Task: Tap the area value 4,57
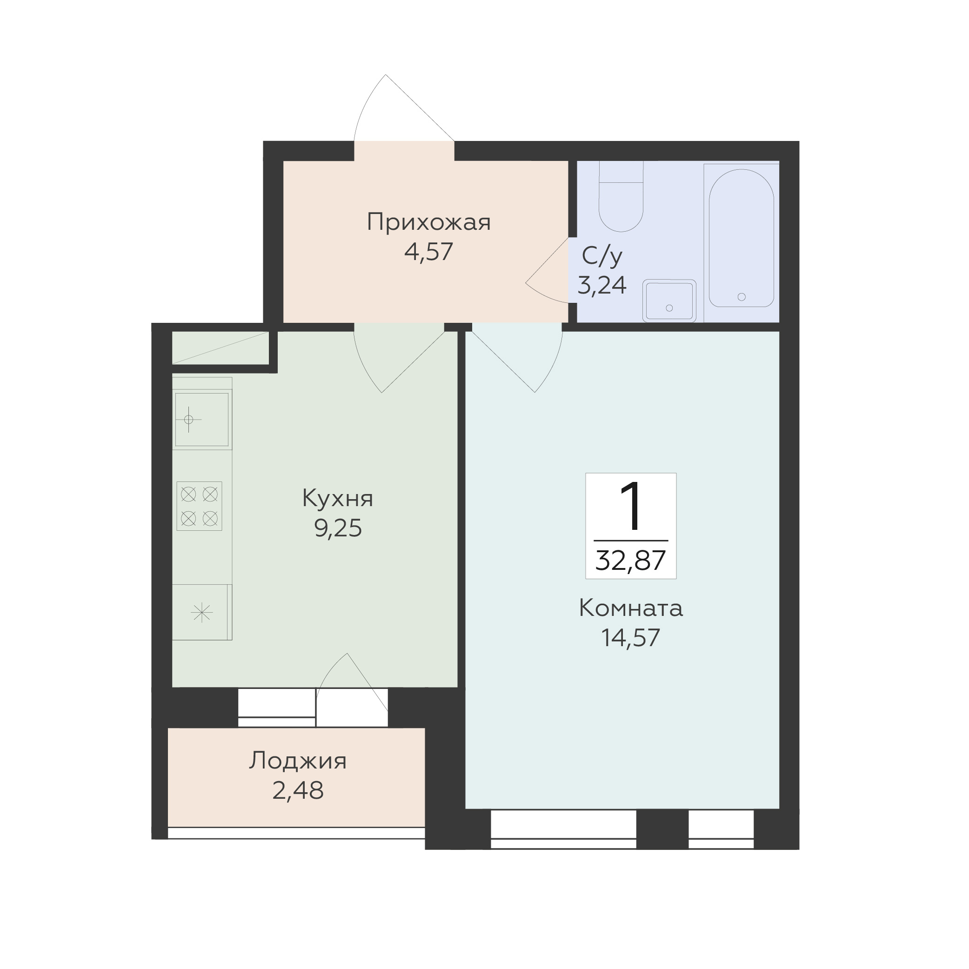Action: [x=429, y=252]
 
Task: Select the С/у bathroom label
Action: [x=602, y=256]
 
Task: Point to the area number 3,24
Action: [x=602, y=285]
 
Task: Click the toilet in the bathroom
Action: [x=621, y=196]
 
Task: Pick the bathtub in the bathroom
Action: [x=742, y=238]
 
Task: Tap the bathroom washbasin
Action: [x=669, y=301]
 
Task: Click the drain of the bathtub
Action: [x=742, y=297]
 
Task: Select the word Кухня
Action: [x=338, y=499]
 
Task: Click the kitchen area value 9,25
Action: [x=338, y=528]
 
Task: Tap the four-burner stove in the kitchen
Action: [x=199, y=506]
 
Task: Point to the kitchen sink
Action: [x=201, y=419]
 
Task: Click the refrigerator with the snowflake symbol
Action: [x=201, y=612]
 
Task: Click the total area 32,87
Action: [x=630, y=561]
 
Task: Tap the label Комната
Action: [x=630, y=608]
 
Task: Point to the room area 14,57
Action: [x=630, y=638]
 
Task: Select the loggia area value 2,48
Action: [x=298, y=791]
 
